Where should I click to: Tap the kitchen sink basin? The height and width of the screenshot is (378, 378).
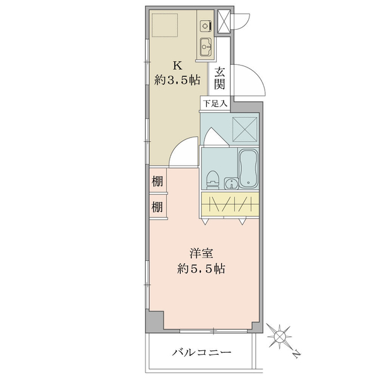click(x=205, y=47)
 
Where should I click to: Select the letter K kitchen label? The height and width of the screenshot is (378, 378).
click(x=178, y=66)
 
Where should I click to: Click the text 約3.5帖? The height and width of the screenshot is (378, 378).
click(x=177, y=80)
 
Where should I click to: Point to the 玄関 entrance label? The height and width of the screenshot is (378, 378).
click(x=220, y=78)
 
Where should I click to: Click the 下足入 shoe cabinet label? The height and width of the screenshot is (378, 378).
click(x=215, y=104)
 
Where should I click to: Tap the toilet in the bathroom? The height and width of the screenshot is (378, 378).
click(x=213, y=180)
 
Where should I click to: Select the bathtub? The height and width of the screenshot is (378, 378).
click(x=248, y=168)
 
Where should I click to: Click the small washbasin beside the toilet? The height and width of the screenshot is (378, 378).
click(x=231, y=183)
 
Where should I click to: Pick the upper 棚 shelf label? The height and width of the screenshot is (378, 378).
click(x=157, y=181)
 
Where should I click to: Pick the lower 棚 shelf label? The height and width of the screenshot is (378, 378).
click(x=157, y=207)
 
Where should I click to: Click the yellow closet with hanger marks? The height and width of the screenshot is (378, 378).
click(x=230, y=204)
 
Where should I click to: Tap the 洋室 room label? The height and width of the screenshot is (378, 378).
click(x=201, y=253)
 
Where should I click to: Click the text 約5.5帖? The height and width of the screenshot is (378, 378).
click(x=201, y=268)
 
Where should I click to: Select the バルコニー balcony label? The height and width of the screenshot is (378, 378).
click(x=202, y=353)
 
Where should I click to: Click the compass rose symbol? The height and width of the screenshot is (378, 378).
click(x=279, y=336)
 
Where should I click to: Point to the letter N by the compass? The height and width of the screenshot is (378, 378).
click(x=297, y=353)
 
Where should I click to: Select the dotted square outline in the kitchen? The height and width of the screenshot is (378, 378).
click(x=164, y=25)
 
